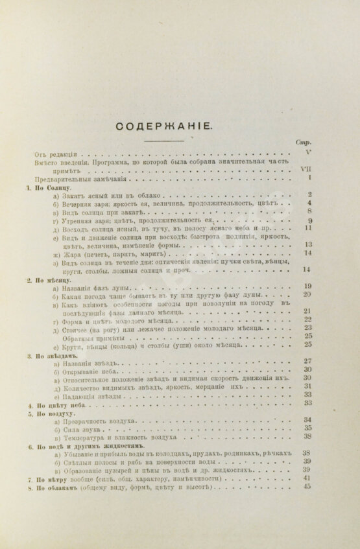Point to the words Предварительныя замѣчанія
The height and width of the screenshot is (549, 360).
click(x=75, y=178)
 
